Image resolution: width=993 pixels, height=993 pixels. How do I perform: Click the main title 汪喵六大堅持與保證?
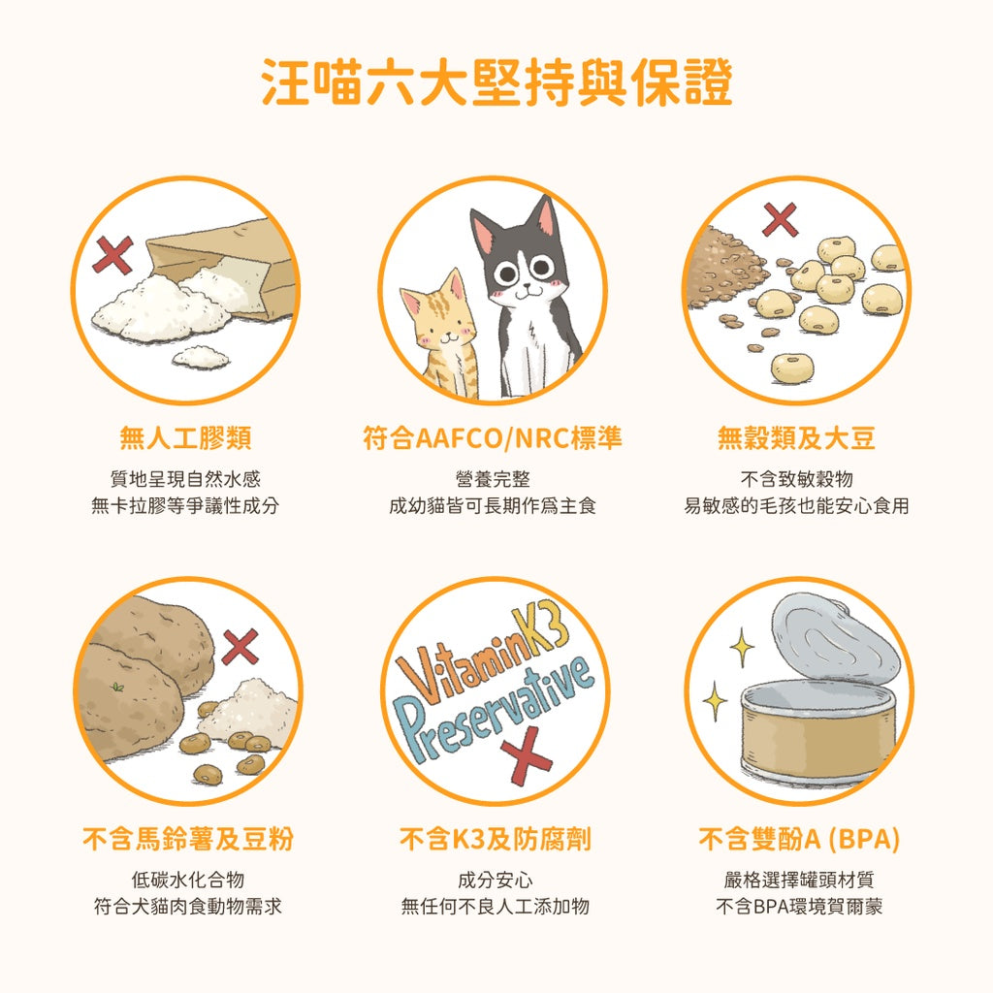point(496,83)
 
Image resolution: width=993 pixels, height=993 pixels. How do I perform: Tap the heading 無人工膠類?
point(185,438)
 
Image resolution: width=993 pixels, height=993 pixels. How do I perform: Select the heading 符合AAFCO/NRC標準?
point(493,438)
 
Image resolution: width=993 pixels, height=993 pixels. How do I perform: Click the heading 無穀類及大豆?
point(796,438)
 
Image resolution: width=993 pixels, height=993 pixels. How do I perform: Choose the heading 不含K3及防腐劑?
point(495,839)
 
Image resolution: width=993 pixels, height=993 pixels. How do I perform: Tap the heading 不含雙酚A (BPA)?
point(799,839)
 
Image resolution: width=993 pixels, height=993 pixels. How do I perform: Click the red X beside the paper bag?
point(112,255)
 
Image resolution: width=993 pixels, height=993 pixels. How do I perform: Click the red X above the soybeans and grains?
point(781,219)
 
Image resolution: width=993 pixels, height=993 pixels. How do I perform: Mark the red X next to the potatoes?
point(240,647)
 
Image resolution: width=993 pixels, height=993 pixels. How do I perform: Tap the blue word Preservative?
point(495,708)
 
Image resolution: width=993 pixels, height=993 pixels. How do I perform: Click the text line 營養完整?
point(493,479)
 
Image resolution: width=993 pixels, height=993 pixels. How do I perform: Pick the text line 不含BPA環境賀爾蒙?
point(799,908)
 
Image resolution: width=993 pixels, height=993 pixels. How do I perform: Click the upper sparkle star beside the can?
point(742,645)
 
